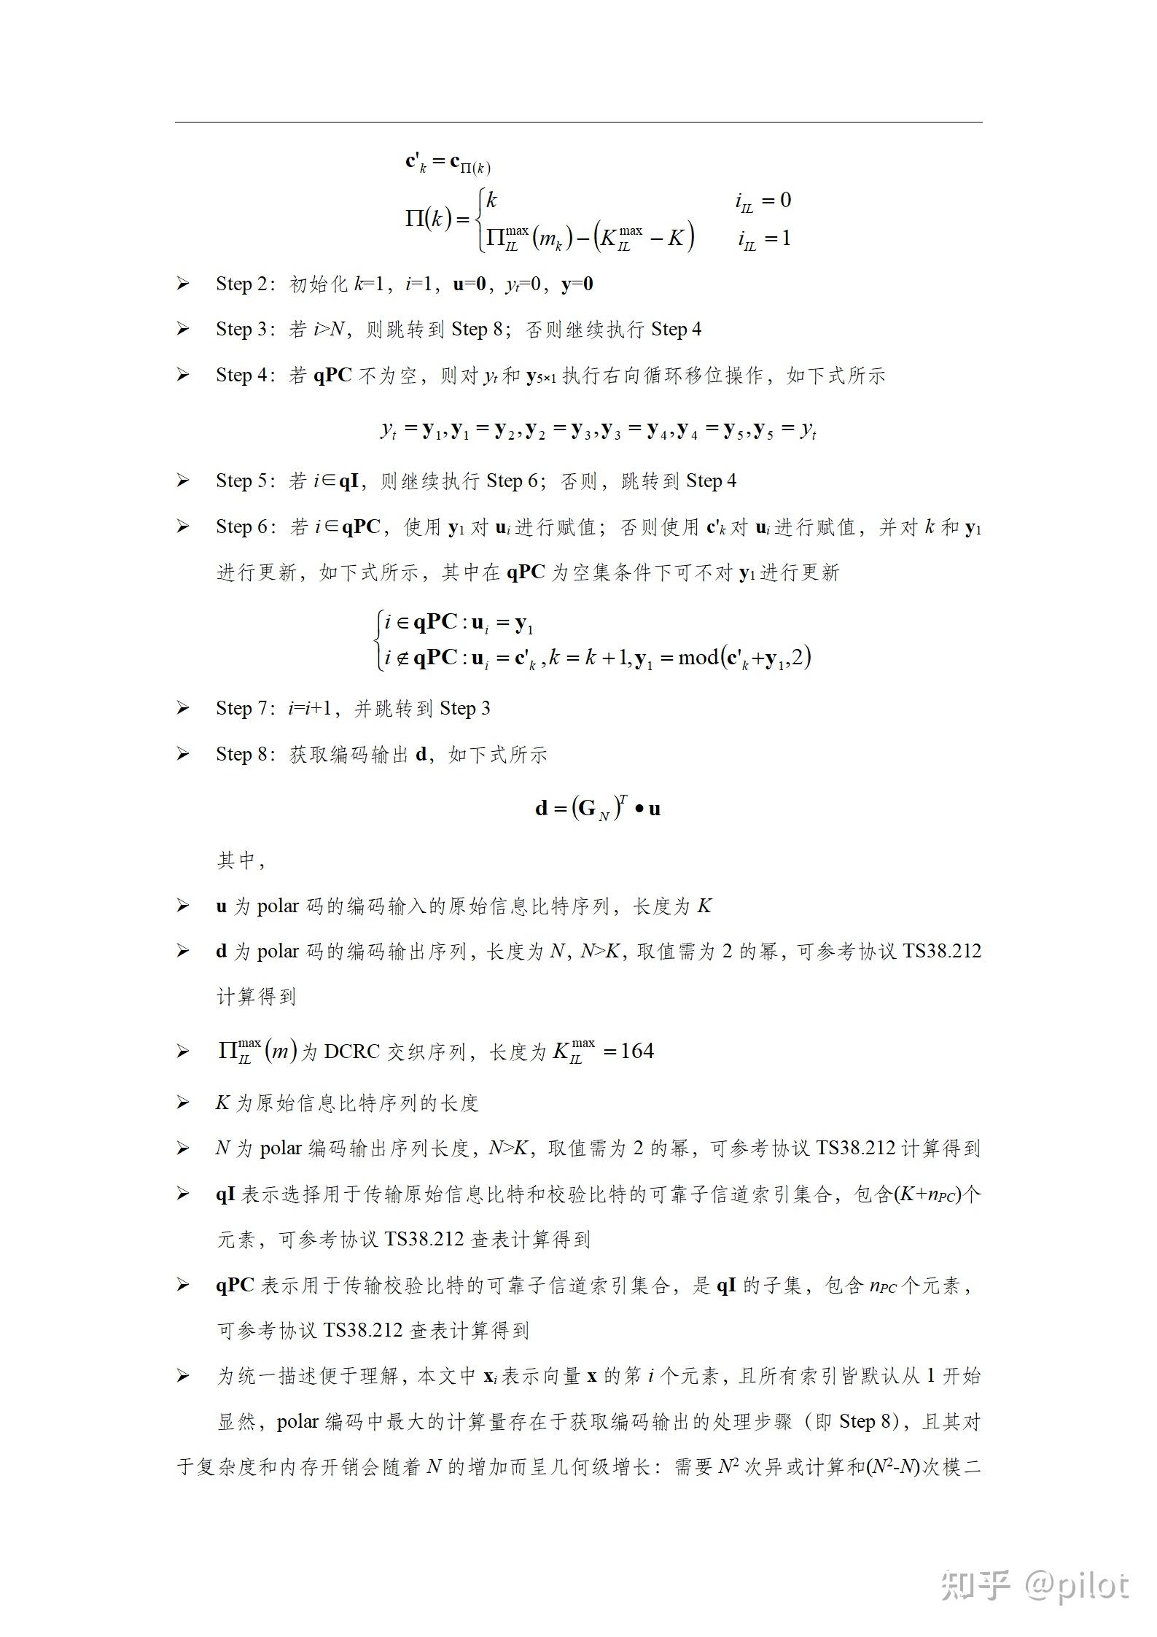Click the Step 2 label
241,284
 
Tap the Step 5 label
241,481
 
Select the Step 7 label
241,708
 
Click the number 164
636,1051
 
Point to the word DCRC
352,1051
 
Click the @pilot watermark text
1077,1585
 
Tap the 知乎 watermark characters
975,1585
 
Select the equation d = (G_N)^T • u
598,808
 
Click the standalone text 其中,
241,860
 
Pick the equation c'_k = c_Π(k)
448,163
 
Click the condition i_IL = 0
763,201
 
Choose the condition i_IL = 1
763,238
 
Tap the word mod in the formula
698,658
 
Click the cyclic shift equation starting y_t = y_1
598,429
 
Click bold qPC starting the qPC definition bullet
235,1285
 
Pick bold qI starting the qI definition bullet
225,1194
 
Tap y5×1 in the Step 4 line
545,376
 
